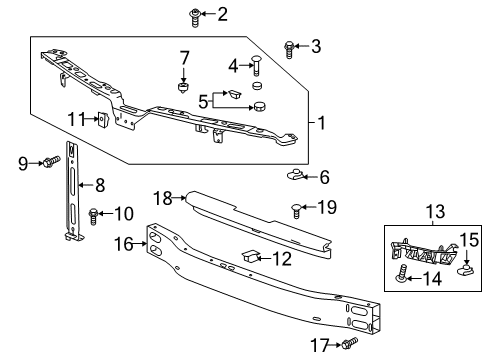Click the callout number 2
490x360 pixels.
click(x=222, y=13)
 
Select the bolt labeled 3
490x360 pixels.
click(x=289, y=46)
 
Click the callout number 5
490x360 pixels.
click(x=205, y=100)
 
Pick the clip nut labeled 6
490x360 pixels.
click(x=296, y=177)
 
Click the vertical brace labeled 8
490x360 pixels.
click(x=72, y=195)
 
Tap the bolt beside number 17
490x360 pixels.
click(x=349, y=343)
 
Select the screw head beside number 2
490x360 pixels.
click(x=195, y=14)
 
